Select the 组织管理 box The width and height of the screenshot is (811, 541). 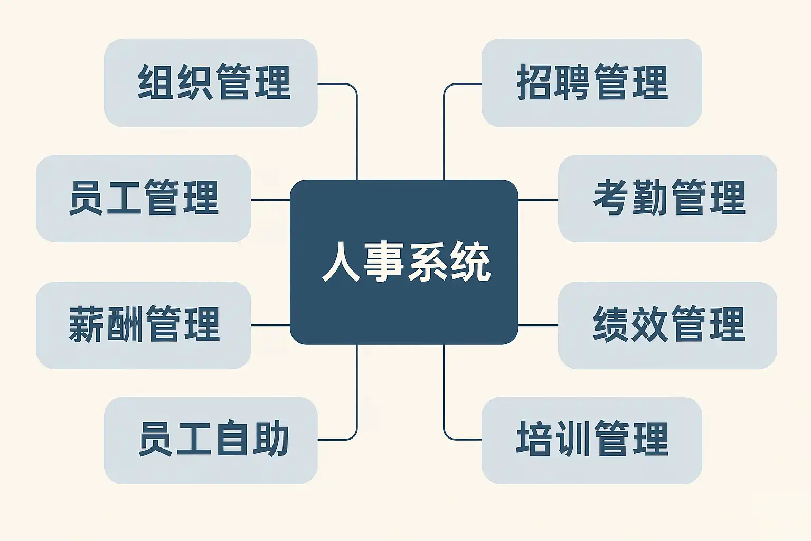pyautogui.click(x=211, y=82)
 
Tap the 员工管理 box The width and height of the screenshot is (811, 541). pyautogui.click(x=143, y=198)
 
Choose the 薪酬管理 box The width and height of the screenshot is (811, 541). pyautogui.click(x=143, y=324)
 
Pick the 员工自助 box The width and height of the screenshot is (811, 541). pyautogui.click(x=211, y=440)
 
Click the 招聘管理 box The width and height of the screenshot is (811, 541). pyautogui.click(x=591, y=82)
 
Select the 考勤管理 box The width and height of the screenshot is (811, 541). pyautogui.click(x=667, y=198)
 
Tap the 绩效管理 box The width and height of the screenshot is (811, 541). pyautogui.click(x=667, y=324)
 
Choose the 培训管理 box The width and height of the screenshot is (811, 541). pyautogui.click(x=591, y=440)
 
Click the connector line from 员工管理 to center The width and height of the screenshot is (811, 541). pyautogui.click(x=270, y=200)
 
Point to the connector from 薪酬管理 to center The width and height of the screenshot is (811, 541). pyautogui.click(x=270, y=325)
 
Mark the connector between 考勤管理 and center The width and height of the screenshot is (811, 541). pyautogui.click(x=538, y=200)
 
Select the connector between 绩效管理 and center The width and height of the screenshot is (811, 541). pyautogui.click(x=538, y=325)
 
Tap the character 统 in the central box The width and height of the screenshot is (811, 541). pyautogui.click(x=470, y=262)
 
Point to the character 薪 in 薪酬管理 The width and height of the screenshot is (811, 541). pyautogui.click(x=87, y=324)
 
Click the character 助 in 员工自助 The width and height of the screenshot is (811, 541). pyautogui.click(x=271, y=440)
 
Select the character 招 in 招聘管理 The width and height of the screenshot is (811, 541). pyautogui.click(x=534, y=82)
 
